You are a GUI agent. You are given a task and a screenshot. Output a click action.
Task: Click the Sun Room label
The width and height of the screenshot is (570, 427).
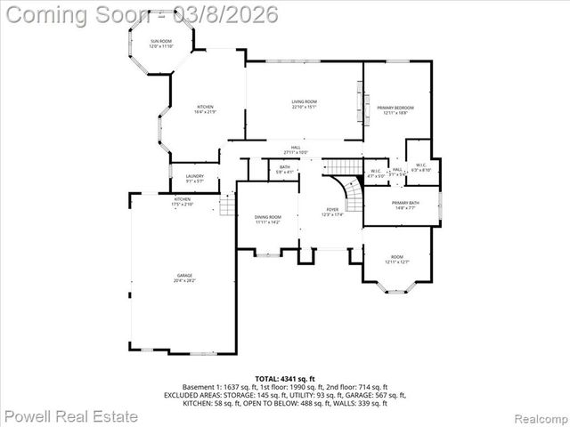[x=161, y=44]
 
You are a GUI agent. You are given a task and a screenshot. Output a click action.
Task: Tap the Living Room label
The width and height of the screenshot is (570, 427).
[x=304, y=104]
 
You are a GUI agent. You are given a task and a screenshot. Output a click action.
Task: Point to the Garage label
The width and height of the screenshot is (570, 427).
[x=184, y=278]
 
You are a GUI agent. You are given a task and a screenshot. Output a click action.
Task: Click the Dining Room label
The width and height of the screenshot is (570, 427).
[x=267, y=219]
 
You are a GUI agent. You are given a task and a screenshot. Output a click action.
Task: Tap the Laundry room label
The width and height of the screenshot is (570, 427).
[x=194, y=178]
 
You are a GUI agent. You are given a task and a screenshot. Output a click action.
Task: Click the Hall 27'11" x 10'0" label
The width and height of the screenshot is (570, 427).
[x=296, y=150]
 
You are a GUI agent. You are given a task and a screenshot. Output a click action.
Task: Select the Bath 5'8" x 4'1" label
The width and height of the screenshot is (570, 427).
[x=285, y=169]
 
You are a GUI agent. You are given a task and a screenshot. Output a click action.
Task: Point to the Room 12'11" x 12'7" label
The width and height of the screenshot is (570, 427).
[x=396, y=260]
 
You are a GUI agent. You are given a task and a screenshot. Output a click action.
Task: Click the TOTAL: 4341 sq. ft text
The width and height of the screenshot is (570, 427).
[x=284, y=380]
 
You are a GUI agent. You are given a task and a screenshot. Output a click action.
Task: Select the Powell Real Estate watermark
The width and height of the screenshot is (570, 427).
[x=71, y=415]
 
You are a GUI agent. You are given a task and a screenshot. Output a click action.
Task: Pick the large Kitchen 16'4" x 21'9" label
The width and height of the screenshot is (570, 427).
[x=205, y=109]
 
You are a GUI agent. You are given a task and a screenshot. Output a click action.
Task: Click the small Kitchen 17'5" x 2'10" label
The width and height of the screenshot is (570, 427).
[x=183, y=201]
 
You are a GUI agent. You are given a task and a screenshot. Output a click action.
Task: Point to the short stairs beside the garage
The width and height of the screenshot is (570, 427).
[x=227, y=206]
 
